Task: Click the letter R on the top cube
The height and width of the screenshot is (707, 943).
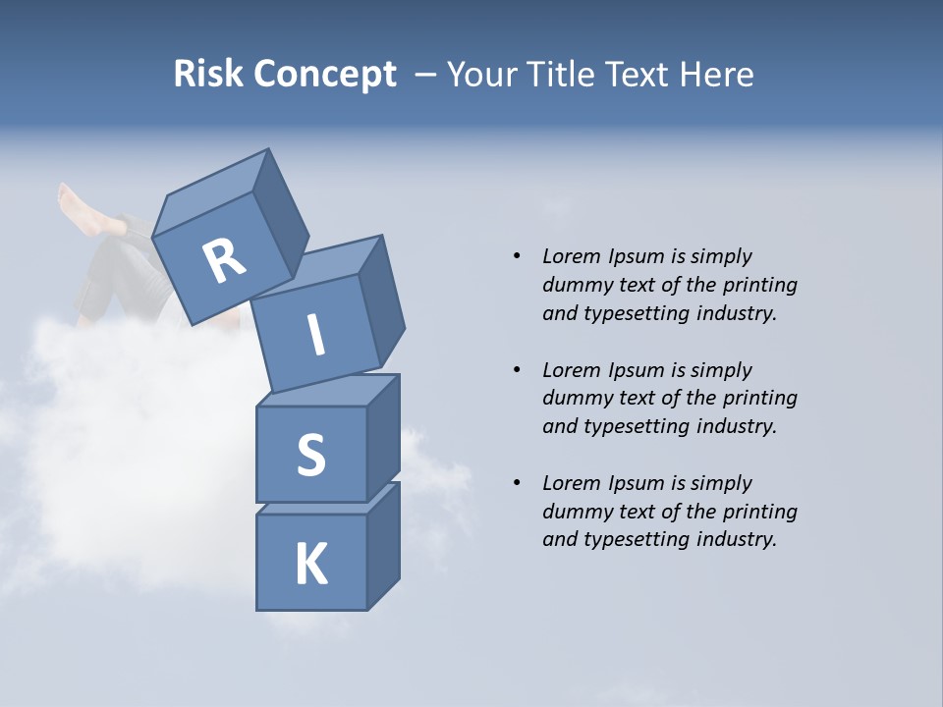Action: pyautogui.click(x=224, y=261)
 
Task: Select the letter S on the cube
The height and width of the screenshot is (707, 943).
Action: pyautogui.click(x=310, y=455)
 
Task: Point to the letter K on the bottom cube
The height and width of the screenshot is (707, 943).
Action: pyautogui.click(x=310, y=565)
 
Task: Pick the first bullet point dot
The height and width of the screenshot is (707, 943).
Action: pyautogui.click(x=517, y=256)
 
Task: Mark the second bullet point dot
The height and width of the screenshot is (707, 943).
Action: pyautogui.click(x=517, y=370)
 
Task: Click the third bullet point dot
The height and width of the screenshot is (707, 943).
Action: pyautogui.click(x=517, y=483)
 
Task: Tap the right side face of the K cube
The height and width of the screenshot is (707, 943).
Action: pyautogui.click(x=383, y=546)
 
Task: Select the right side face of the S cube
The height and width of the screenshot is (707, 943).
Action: pyautogui.click(x=383, y=437)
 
